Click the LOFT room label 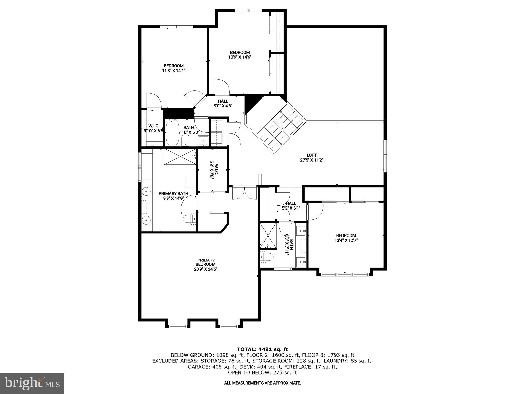(311, 155)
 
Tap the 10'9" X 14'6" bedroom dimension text (240, 57)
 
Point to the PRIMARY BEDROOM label (206, 264)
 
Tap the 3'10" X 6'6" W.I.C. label (154, 129)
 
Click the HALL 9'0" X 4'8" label (223, 103)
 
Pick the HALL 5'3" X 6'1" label (291, 206)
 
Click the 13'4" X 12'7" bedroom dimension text (346, 240)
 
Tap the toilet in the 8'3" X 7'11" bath (267, 257)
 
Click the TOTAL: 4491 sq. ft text (262, 349)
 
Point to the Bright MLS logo (32, 383)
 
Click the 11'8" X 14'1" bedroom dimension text (174, 71)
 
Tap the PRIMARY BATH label (173, 194)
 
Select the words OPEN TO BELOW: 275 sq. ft (262, 372)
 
